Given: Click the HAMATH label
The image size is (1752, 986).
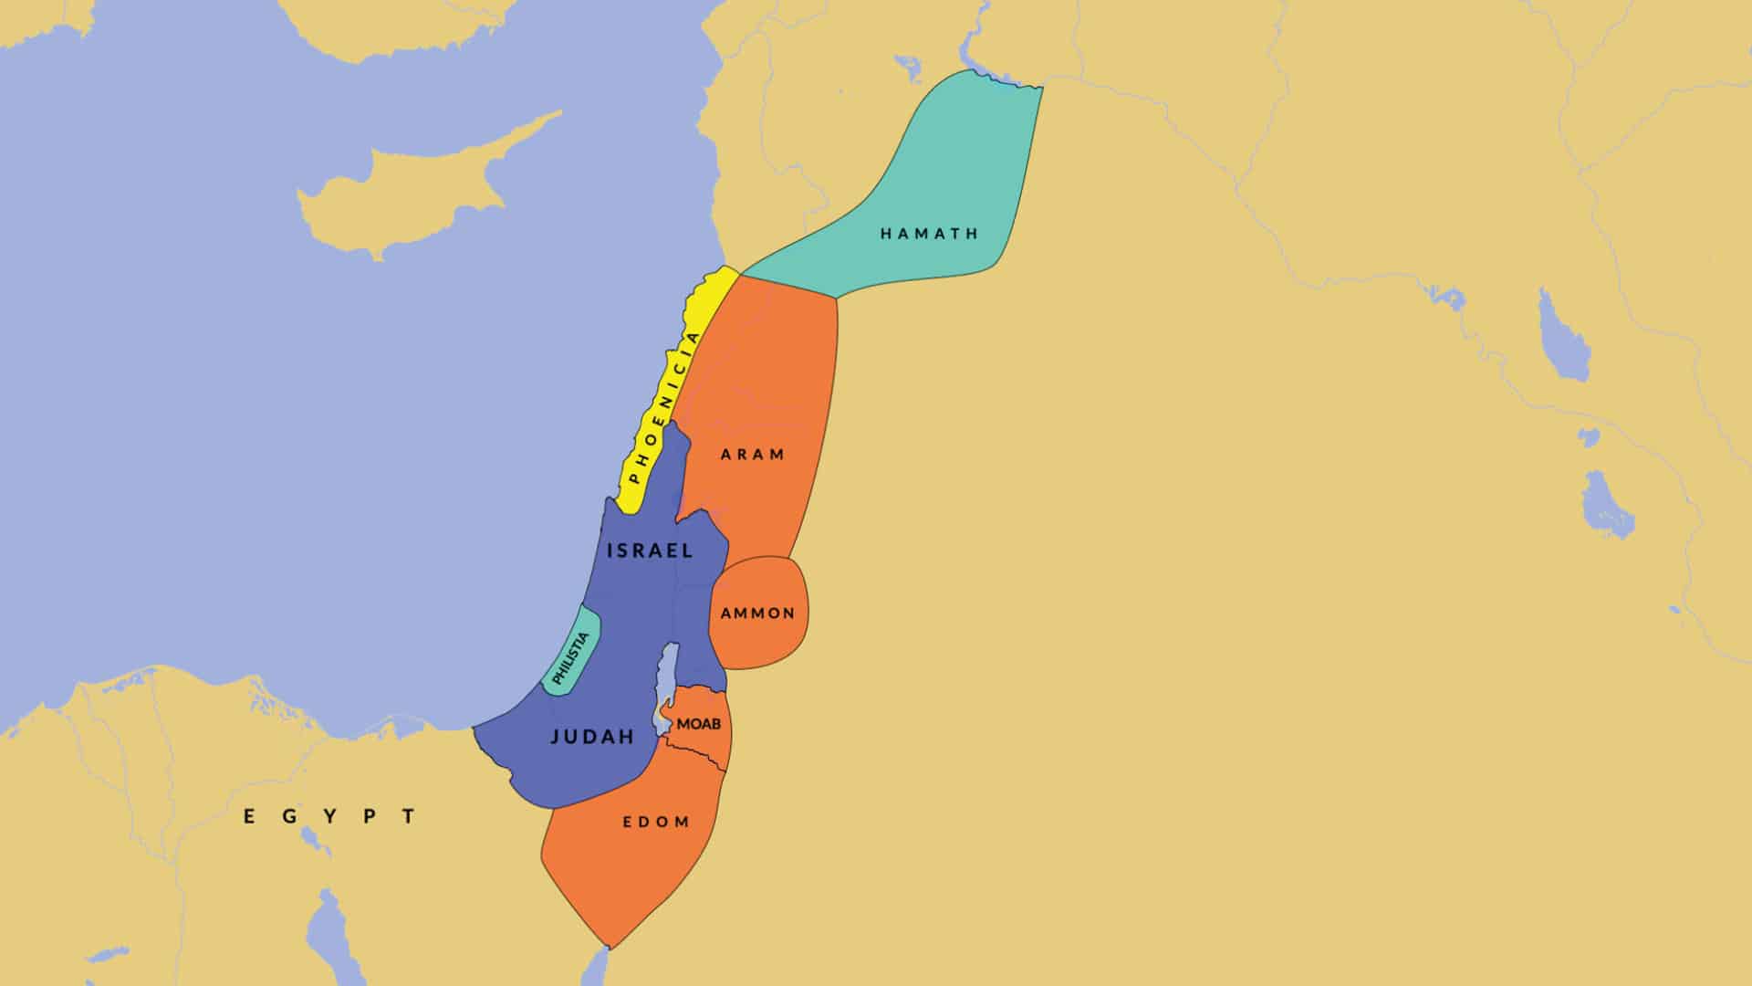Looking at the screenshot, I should (929, 234).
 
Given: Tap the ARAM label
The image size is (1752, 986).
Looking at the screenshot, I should (753, 455).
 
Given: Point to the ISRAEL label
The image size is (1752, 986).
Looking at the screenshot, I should (650, 551).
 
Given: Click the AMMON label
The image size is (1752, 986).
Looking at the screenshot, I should (757, 614).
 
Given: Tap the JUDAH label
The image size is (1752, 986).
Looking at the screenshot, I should (592, 737).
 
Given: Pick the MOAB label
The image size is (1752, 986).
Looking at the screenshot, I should (699, 724).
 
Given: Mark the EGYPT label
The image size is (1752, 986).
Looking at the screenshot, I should (330, 816).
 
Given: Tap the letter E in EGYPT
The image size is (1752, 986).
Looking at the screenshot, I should (249, 816).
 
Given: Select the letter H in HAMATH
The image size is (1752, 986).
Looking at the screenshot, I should (885, 234).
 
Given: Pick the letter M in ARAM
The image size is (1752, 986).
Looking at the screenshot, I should (780, 455).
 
